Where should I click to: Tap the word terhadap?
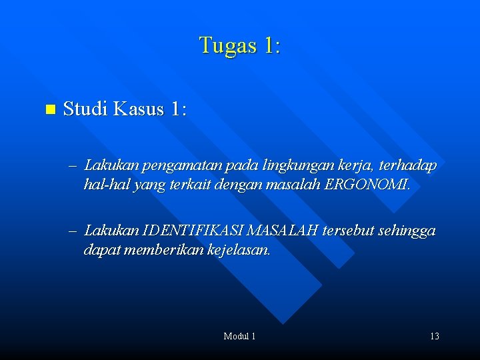tap(409, 165)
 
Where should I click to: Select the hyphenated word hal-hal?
tap(107, 185)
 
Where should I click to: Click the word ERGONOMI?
tap(369, 184)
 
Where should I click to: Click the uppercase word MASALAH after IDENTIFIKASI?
tap(283, 231)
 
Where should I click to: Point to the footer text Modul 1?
tap(239, 336)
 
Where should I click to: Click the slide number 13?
tap(434, 336)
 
